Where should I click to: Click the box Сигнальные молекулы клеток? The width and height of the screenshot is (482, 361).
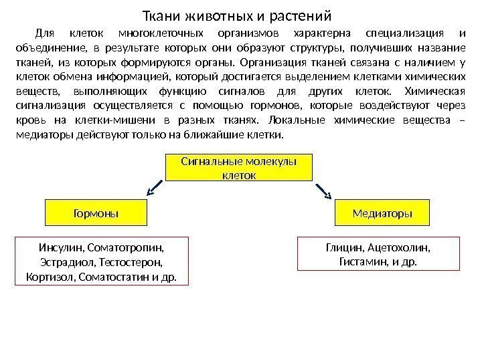[239, 168]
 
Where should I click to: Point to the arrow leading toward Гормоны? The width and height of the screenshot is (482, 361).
[154, 189]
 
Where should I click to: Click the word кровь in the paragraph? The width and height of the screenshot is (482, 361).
[29, 121]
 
